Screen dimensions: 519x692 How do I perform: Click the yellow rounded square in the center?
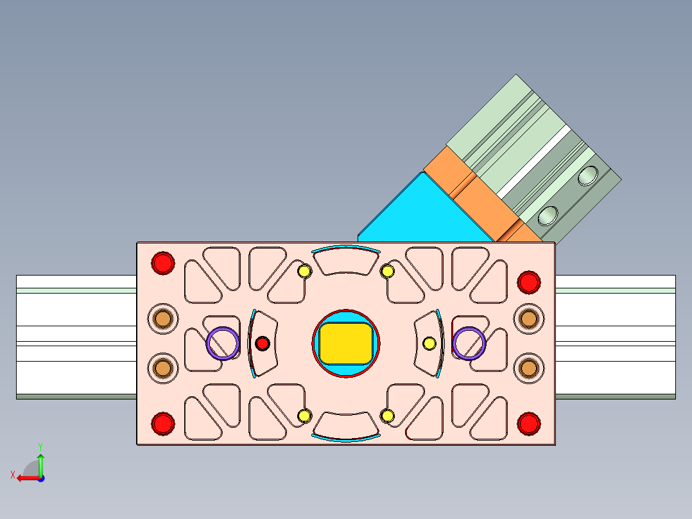[x=346, y=343]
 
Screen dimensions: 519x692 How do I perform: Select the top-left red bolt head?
[x=162, y=262]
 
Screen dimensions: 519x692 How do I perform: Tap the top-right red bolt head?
[x=528, y=281]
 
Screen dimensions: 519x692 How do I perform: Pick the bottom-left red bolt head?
[x=162, y=423]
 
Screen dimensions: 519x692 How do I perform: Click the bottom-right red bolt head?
[x=528, y=423]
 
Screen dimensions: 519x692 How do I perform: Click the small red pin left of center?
[x=262, y=343]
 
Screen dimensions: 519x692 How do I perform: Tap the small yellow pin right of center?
[x=429, y=343]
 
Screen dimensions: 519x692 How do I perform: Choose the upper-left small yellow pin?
[x=304, y=271]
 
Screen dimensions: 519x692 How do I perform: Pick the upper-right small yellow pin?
[x=387, y=271]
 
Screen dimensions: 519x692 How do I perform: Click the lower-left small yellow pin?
[x=304, y=416]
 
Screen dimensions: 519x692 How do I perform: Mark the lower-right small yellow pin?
[x=387, y=416]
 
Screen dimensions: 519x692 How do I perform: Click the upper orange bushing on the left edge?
[x=162, y=318]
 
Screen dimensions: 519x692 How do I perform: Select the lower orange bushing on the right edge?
[x=528, y=367]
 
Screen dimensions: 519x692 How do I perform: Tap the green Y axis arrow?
[x=40, y=461]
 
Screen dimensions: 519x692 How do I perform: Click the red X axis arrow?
[x=26, y=478]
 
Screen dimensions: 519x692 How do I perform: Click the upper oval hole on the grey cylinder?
[x=588, y=175]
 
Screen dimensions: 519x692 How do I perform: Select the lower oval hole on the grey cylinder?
[x=547, y=215]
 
